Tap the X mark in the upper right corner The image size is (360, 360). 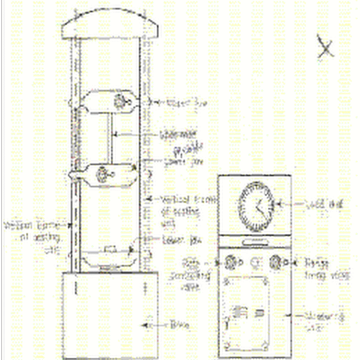(x=325, y=46)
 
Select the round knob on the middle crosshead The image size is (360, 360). (x=103, y=174)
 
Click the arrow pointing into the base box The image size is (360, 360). (x=148, y=324)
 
